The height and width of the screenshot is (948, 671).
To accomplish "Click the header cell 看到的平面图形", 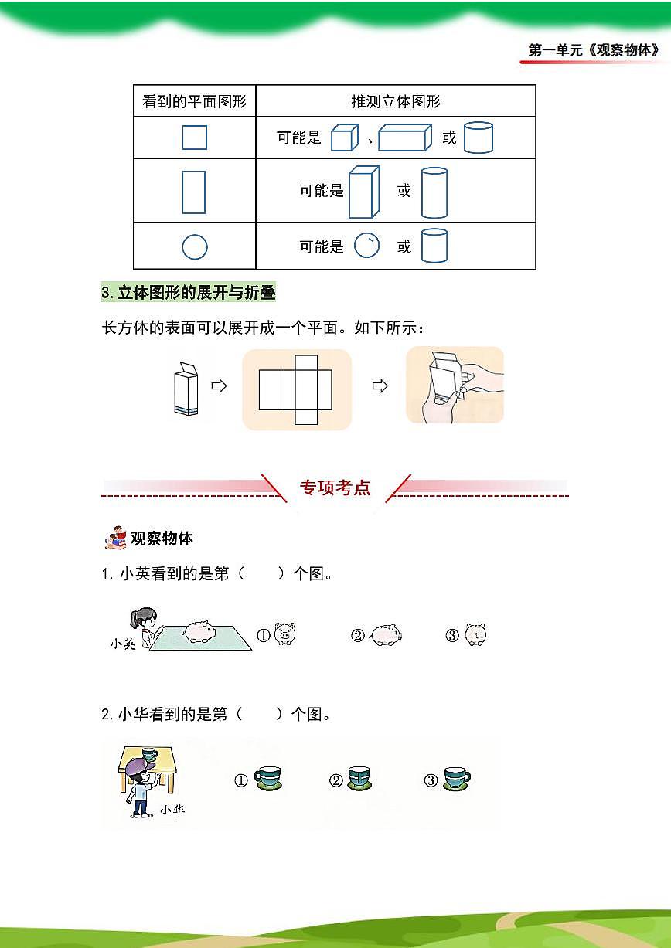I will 195,101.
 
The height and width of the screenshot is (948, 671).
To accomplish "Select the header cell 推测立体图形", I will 396,101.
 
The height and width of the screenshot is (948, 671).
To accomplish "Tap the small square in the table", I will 194,138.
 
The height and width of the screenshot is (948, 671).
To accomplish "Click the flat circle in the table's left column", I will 195,247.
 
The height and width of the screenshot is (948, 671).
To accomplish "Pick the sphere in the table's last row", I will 366,246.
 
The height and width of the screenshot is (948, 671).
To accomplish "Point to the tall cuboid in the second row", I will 363,192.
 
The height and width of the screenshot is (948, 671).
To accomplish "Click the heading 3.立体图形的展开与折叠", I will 189,293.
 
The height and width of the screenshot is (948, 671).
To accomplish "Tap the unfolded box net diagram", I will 296,389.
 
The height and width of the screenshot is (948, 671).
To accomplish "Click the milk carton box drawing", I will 186,388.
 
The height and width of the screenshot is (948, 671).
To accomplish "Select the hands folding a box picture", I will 455,385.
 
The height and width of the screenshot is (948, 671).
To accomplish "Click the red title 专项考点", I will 335,488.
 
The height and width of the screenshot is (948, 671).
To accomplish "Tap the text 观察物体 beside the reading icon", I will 162,539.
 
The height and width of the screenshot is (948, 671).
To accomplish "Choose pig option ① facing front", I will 285,634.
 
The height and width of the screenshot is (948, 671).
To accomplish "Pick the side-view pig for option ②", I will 384,636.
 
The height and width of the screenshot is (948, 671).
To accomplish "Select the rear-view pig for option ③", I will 476,635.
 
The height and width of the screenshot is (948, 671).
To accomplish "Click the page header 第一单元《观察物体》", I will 594,50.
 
